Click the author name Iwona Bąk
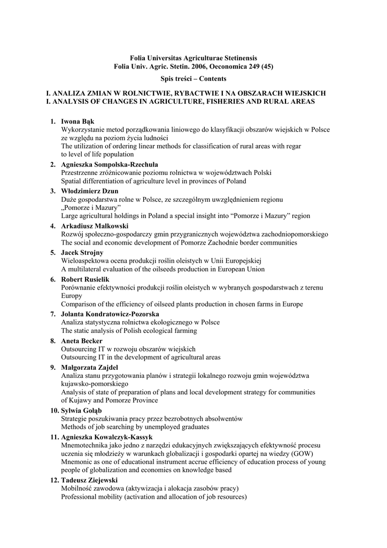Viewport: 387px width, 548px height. click(78, 121)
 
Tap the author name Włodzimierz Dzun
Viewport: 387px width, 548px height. click(90, 191)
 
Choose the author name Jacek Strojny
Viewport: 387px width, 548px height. click(82, 252)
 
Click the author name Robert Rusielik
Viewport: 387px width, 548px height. click(86, 279)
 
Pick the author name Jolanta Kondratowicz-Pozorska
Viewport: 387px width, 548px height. click(110, 314)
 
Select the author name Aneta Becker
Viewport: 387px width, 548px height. click(82, 340)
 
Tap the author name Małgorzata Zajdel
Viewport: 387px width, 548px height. click(90, 367)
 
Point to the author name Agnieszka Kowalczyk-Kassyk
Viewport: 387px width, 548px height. click(107, 437)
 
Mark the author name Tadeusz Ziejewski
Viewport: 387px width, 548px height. click(89, 480)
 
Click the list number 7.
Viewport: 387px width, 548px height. click(52, 314)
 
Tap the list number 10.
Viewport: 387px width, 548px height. click(54, 410)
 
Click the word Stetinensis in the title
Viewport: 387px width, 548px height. click(234, 58)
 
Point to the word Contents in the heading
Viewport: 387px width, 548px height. click(212, 79)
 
